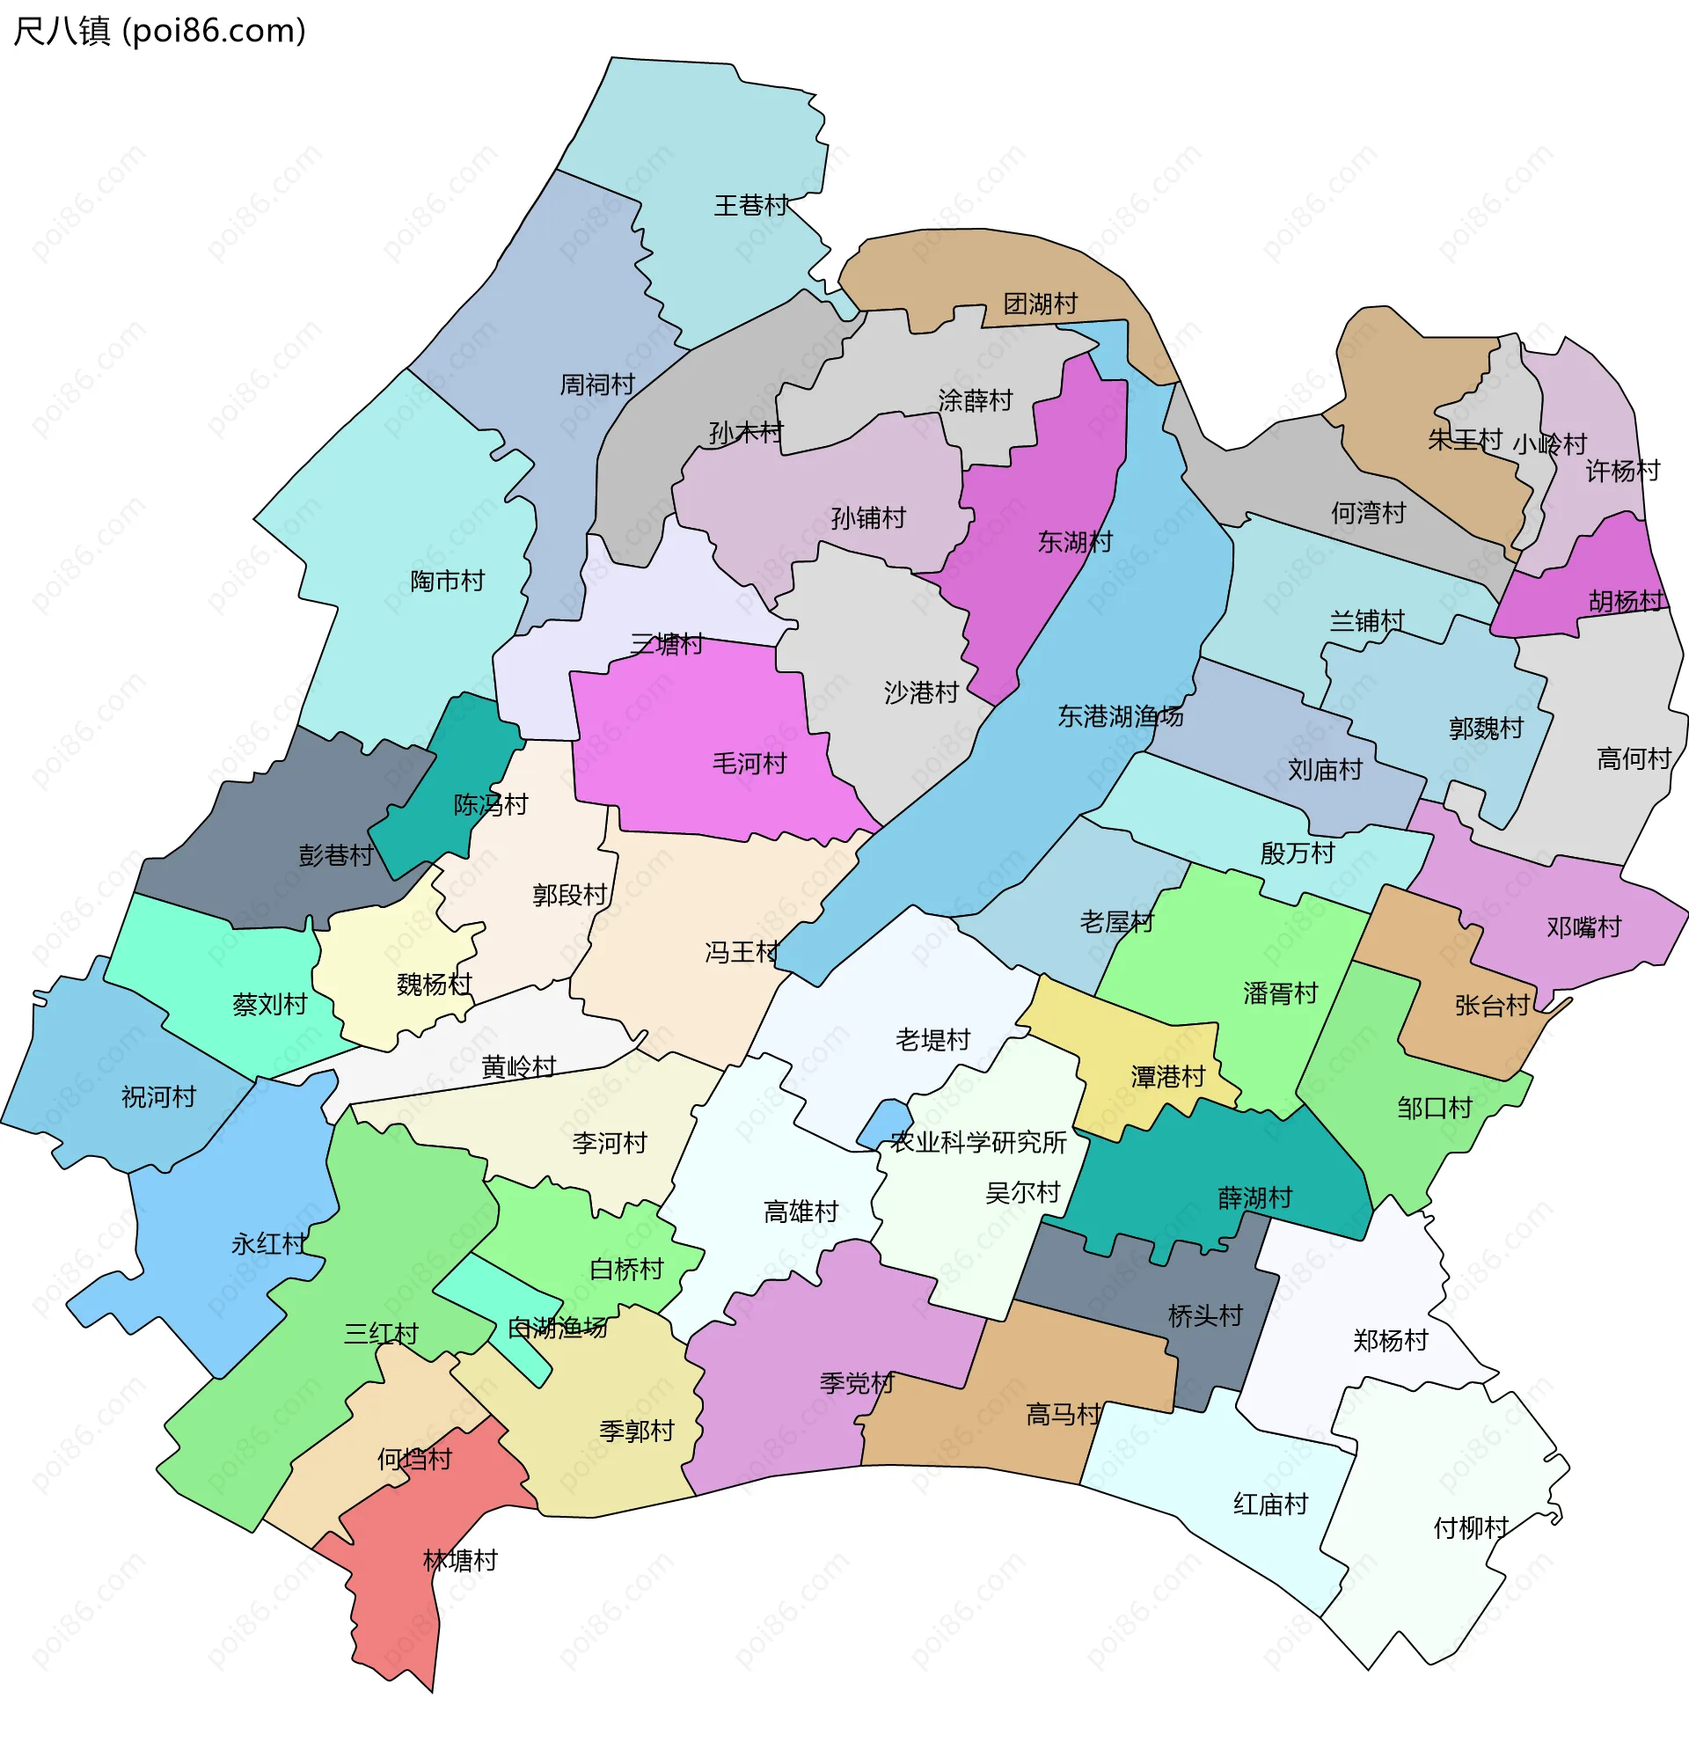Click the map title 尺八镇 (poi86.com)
pos(160,32)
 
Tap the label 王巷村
pos(750,206)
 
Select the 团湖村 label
pos(1040,304)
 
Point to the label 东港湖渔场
pos(1121,716)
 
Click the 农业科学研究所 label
pos(978,1143)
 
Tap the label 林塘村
pos(460,1562)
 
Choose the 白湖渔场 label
pos(558,1329)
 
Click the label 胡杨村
pos(1627,602)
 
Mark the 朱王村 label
pos(1465,440)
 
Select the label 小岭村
pos(1550,444)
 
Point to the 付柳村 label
pos(1470,1529)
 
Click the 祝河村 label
pos(159,1097)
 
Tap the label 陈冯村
pos(490,805)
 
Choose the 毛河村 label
pos(749,765)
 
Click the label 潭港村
pos(1167,1078)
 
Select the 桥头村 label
pos(1205,1316)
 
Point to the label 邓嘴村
pos(1583,927)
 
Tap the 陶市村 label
pos(447,582)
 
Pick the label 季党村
pos(857,1384)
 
